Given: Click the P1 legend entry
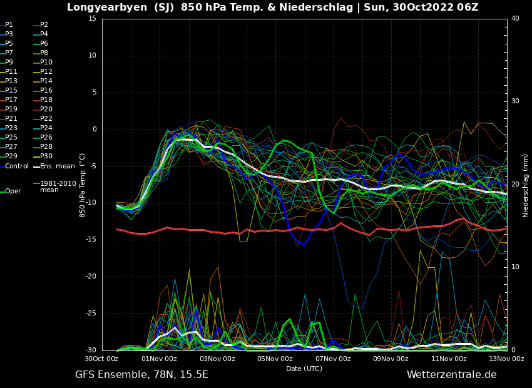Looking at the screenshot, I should [9, 25].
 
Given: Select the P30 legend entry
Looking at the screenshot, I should [46, 156].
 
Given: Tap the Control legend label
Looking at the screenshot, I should [17, 166].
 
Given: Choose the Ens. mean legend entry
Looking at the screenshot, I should [57, 166].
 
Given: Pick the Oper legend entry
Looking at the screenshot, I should [13, 191].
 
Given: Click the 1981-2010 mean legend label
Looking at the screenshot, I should [58, 187].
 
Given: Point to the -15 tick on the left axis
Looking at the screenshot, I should [91, 240].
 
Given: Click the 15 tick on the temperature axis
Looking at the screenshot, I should [92, 19].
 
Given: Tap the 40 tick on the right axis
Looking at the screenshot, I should [515, 19].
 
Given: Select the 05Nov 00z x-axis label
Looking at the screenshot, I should [275, 359].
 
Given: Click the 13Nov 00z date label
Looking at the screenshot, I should [507, 359].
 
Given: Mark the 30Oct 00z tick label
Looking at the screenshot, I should [101, 359].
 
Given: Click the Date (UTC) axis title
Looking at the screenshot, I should [304, 369].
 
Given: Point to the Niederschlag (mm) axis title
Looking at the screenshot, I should [526, 185].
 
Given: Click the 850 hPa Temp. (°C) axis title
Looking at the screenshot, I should [83, 185].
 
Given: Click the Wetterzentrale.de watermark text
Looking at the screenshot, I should [451, 375].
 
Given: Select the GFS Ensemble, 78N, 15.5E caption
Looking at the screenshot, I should [141, 375].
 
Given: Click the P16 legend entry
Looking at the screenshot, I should [46, 91].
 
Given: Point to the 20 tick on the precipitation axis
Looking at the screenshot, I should [515, 185].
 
